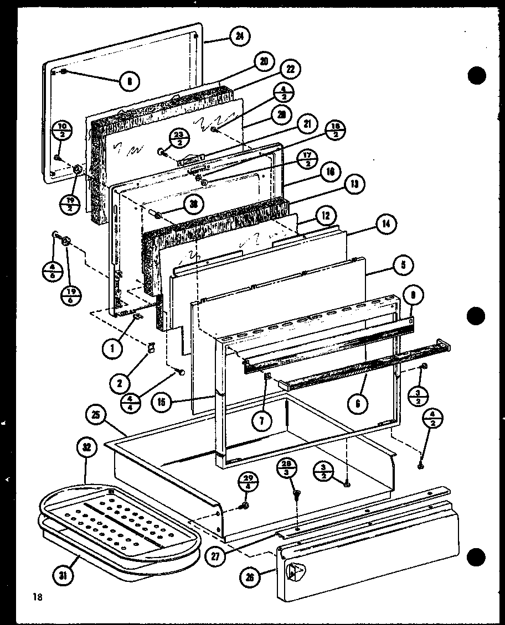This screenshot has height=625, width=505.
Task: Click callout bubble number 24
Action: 239,38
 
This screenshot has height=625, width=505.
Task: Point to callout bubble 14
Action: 384,225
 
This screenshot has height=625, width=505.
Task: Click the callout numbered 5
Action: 404,265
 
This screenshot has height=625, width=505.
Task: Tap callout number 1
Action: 112,349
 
